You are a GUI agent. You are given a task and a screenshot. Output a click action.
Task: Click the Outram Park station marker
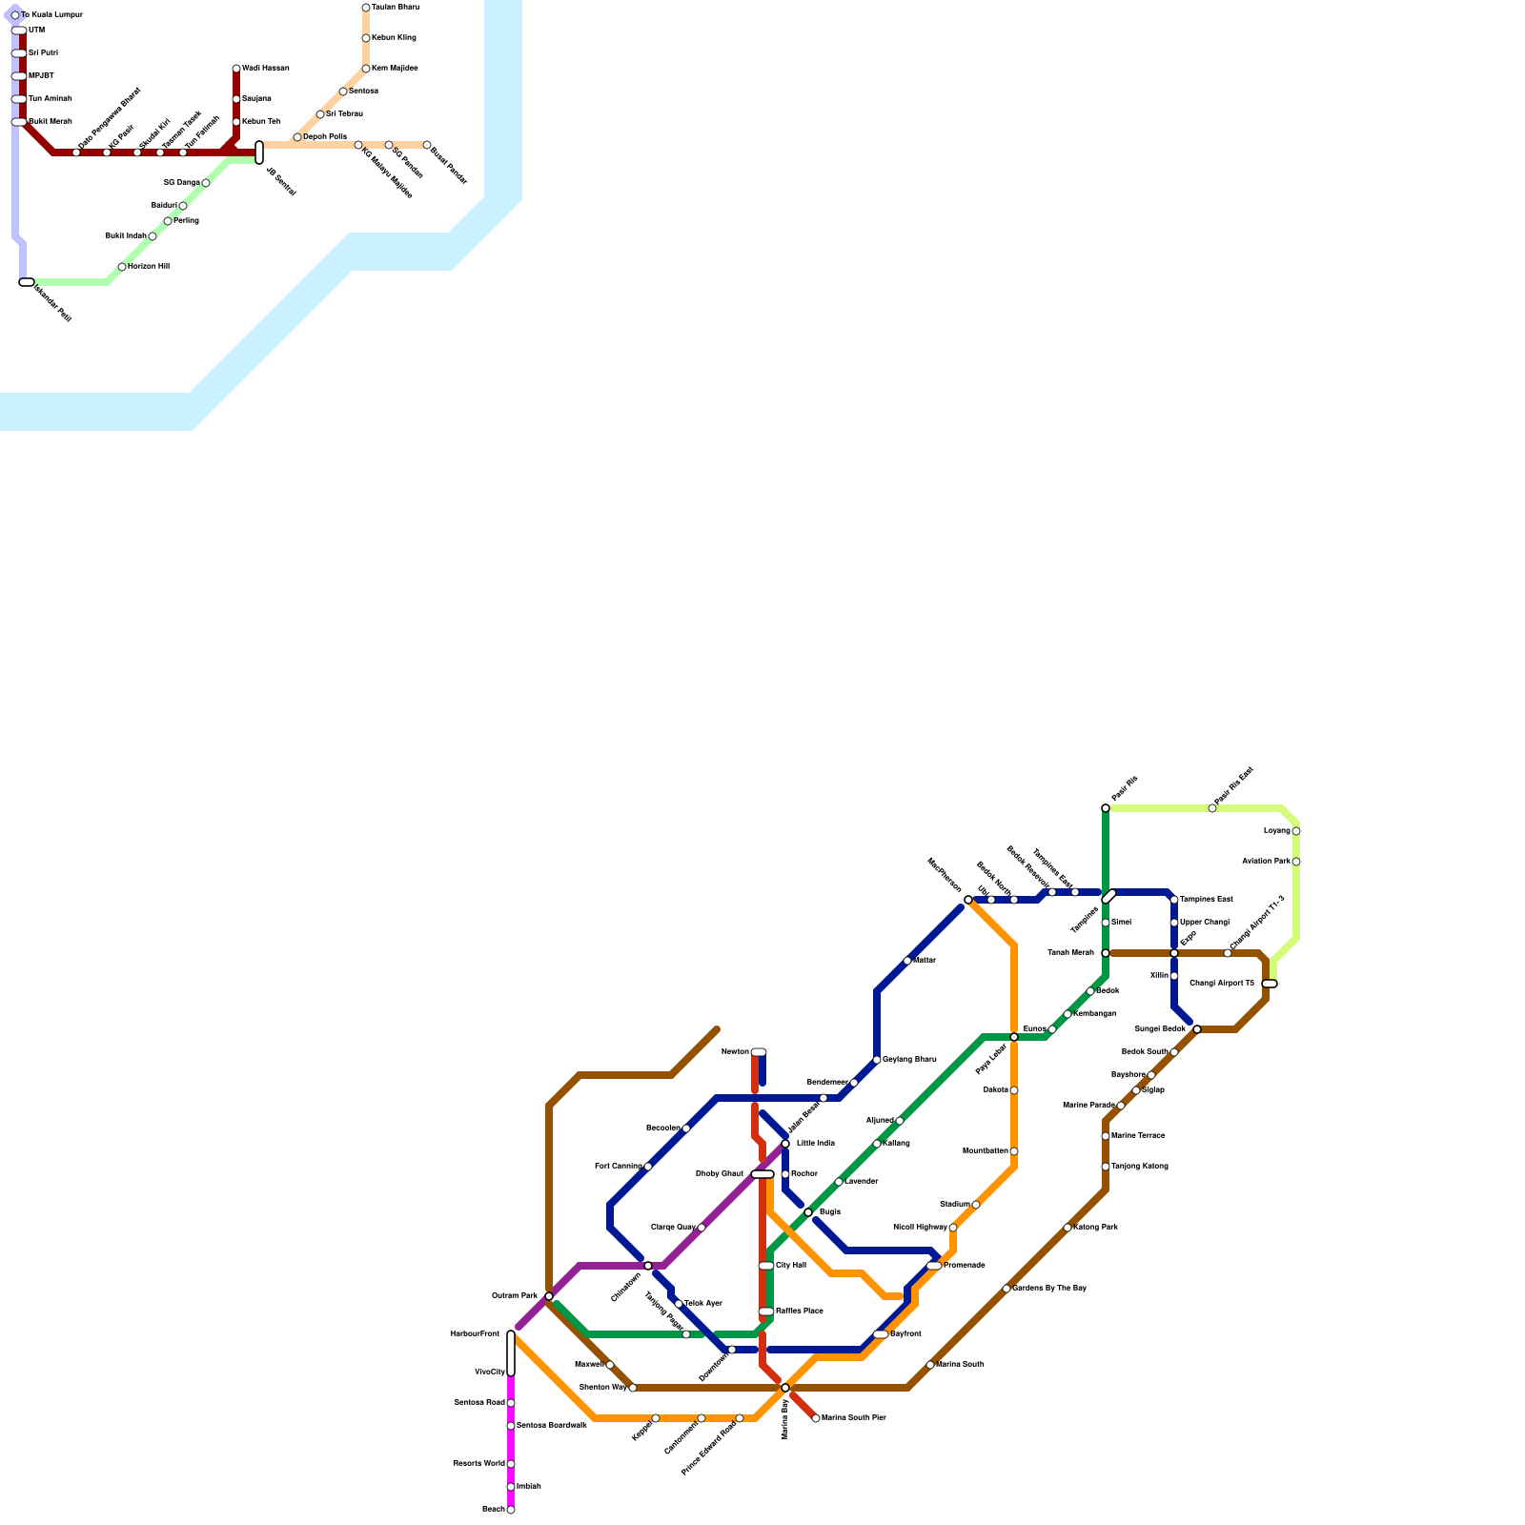pos(549,1296)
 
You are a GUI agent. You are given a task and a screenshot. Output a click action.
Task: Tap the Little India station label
pos(815,1143)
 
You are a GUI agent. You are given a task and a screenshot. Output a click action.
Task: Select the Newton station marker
pos(759,1052)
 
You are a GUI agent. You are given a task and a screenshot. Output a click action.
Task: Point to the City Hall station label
pos(791,1266)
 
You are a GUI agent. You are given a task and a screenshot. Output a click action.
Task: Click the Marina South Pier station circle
pos(816,1418)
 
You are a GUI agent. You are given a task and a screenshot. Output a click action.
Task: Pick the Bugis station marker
pos(808,1212)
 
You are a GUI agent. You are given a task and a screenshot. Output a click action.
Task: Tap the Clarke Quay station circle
pos(701,1228)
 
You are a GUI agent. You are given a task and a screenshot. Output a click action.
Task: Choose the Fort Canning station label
pos(618,1167)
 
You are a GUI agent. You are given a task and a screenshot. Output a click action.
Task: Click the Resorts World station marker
pos(511,1464)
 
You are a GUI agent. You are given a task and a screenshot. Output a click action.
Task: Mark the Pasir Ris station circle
pos(1106,808)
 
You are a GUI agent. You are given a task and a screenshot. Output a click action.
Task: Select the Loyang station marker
pos(1296,831)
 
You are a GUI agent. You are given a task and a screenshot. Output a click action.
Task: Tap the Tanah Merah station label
pos(1071,953)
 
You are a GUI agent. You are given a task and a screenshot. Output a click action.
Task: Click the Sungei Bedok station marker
pos(1197,1029)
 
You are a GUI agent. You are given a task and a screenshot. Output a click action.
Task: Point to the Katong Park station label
pos(1095,1228)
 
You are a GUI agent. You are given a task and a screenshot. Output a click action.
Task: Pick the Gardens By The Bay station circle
pos(1006,1289)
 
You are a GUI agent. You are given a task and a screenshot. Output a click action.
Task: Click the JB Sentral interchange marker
pos(259,152)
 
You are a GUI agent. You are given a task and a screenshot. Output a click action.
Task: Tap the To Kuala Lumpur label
pos(51,15)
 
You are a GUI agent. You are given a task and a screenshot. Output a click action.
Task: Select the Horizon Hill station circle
pos(122,267)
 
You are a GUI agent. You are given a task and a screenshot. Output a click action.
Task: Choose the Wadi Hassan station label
pos(265,69)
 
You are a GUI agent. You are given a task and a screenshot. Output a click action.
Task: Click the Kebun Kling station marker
pos(366,38)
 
